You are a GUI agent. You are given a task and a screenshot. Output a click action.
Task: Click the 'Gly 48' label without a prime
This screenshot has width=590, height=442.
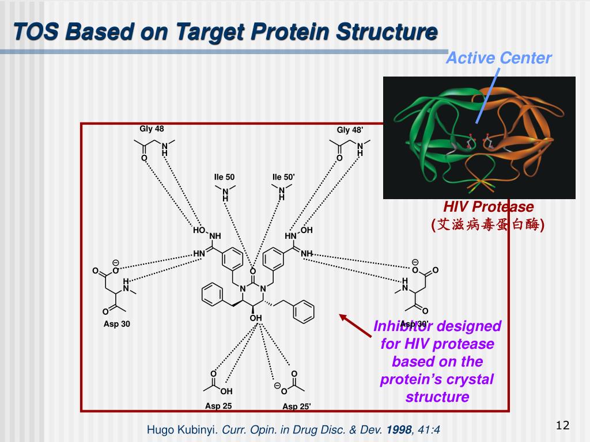point(152,129)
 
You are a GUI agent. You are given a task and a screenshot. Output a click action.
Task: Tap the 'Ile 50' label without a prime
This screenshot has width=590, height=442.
point(225,177)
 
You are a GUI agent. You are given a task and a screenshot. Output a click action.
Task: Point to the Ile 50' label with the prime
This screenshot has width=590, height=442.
point(283,177)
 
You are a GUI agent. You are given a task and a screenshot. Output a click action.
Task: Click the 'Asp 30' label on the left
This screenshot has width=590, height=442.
point(117,324)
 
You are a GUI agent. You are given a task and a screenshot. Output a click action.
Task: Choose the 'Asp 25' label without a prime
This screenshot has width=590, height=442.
point(218,406)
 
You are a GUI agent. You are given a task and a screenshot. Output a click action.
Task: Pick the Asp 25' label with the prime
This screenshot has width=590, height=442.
point(297,407)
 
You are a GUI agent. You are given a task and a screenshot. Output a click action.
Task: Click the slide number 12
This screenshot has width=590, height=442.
point(562,425)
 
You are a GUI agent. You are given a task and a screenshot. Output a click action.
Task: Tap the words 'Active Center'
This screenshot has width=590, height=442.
point(499,58)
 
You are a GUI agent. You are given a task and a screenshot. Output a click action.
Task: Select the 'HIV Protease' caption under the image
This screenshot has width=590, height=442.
point(489,207)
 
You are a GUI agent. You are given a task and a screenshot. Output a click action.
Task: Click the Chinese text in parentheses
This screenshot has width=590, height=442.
point(489,224)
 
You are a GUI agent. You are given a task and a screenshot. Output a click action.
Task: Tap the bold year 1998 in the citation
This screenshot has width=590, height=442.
point(398,429)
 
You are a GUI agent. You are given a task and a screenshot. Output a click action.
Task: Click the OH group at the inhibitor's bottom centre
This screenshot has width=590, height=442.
point(256,318)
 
